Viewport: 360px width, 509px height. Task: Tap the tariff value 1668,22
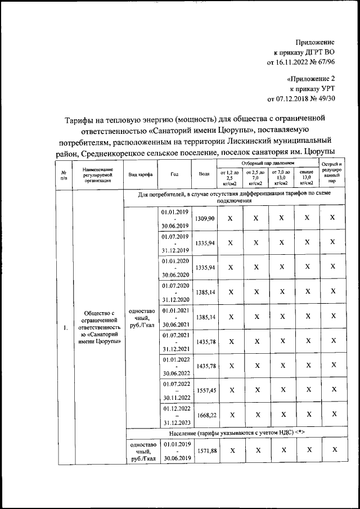click(204, 415)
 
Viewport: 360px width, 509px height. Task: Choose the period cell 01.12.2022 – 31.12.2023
click(175, 415)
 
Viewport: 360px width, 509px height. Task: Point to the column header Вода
click(204, 174)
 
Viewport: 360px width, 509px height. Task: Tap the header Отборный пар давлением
click(268, 163)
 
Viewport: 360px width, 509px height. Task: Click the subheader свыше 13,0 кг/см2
click(307, 177)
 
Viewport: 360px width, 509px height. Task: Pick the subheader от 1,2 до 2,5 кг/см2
click(230, 177)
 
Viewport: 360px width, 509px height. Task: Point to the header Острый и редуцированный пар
click(332, 173)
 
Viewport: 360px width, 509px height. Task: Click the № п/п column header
click(64, 174)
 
